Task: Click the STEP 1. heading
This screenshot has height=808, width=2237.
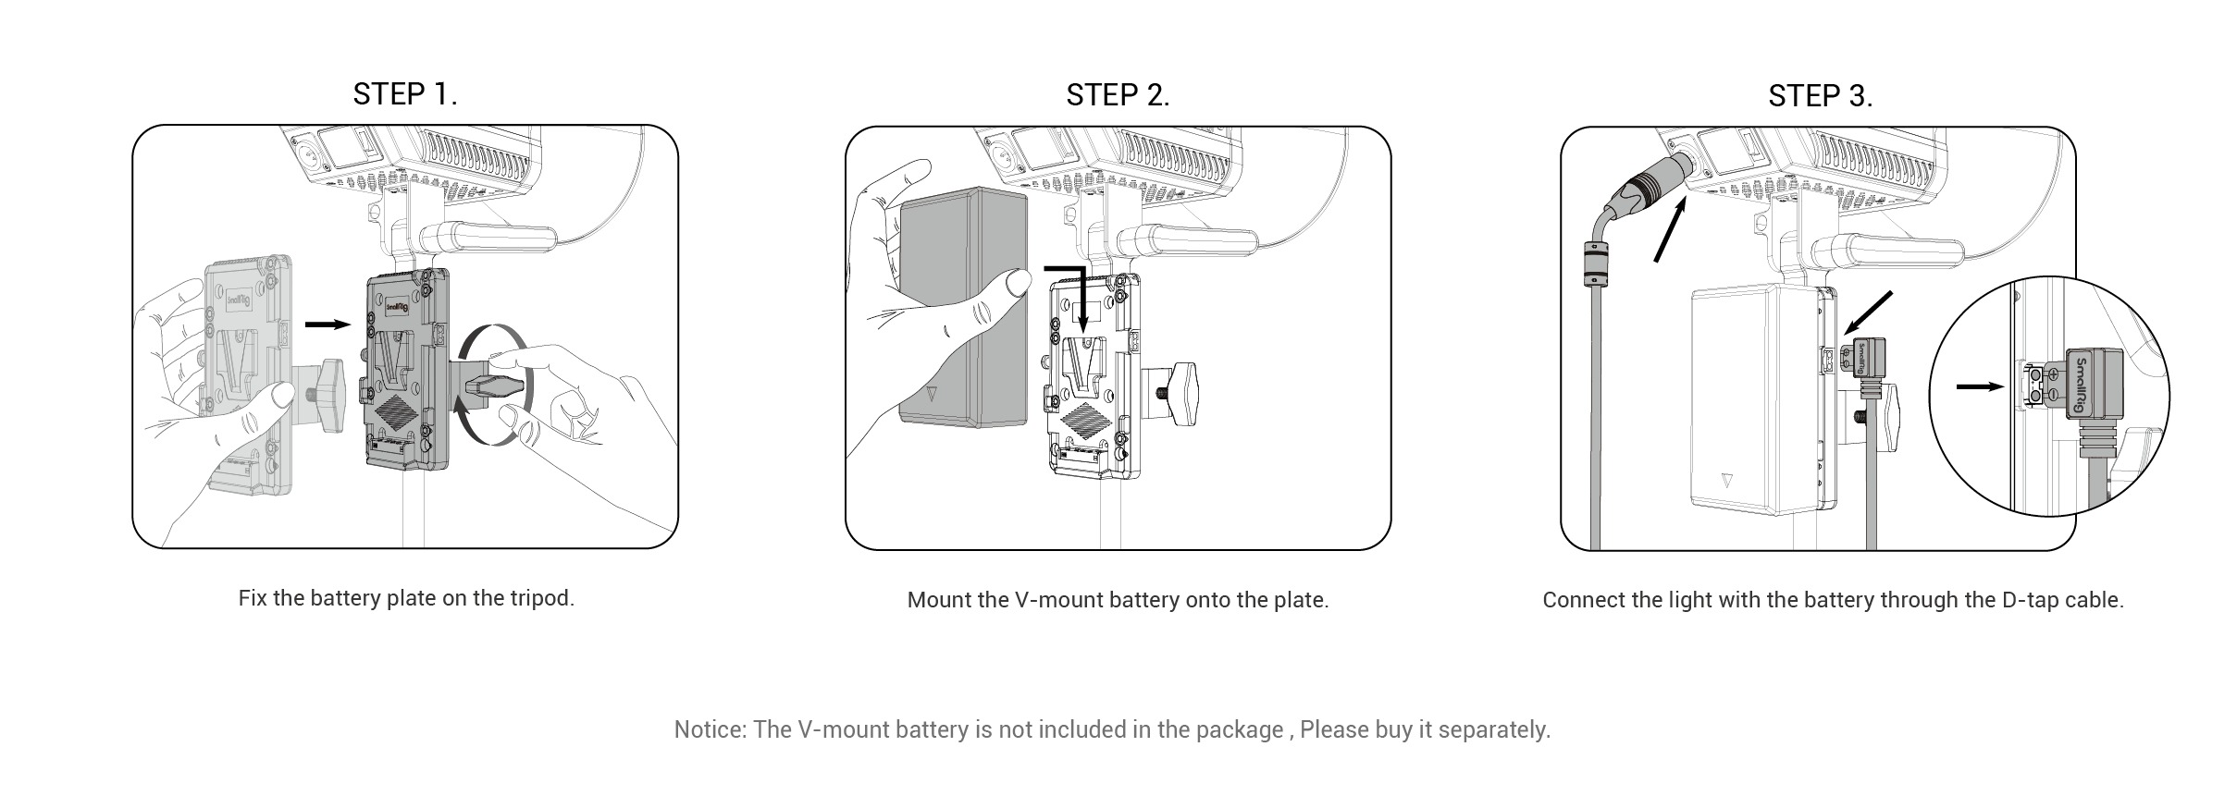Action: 405,93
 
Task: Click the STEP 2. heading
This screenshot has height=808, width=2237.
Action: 1118,94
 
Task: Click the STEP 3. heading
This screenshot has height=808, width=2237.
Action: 1820,95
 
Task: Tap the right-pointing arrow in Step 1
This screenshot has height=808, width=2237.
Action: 328,324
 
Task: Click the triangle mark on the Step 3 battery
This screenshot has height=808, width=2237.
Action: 1726,482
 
